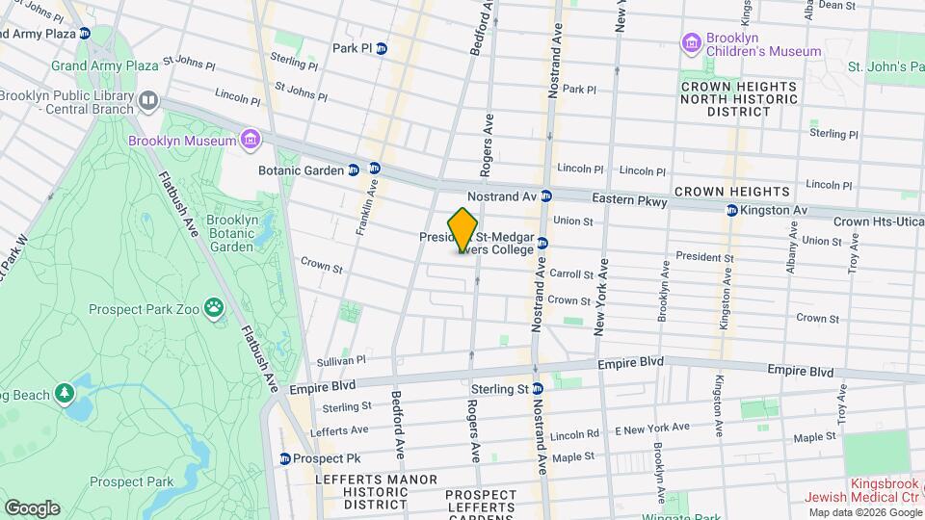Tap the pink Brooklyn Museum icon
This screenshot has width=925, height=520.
tap(251, 141)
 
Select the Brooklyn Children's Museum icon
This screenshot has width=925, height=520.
tap(690, 42)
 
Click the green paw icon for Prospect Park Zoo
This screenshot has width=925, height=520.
tap(214, 308)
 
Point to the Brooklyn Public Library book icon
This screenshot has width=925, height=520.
tap(147, 100)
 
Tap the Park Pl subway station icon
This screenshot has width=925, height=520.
tap(382, 48)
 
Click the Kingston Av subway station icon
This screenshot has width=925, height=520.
tap(731, 210)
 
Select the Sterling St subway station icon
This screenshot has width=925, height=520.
tap(539, 389)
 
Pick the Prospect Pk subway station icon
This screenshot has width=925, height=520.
tap(284, 458)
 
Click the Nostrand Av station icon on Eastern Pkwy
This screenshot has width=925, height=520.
tap(545, 195)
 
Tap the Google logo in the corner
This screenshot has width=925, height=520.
tap(32, 507)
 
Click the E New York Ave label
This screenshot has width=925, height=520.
tap(652, 427)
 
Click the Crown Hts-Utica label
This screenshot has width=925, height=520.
tap(876, 221)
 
